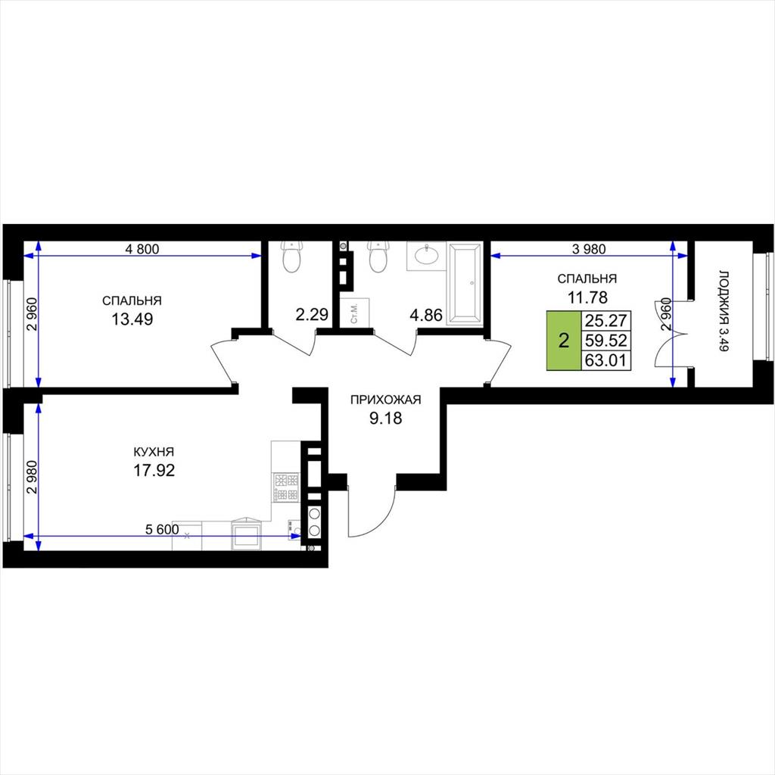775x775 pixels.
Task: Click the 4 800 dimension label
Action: tap(142, 249)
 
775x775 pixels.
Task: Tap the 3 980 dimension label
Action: tap(589, 249)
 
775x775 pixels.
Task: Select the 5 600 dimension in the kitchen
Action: tap(162, 529)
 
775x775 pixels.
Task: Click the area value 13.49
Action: tap(132, 319)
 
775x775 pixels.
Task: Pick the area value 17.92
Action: tap(154, 470)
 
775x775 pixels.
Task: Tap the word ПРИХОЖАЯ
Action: tap(385, 400)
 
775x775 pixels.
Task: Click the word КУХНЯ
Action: tap(154, 451)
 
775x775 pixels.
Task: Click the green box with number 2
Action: tap(563, 341)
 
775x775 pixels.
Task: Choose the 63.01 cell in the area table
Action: tap(606, 360)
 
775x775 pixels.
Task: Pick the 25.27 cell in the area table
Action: tap(606, 321)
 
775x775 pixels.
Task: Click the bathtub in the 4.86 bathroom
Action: tap(464, 283)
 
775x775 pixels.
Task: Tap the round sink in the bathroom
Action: tap(426, 255)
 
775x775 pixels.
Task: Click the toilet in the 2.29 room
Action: tap(292, 257)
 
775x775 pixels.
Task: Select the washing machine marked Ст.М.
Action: tap(356, 313)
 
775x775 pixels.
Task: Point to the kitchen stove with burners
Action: tap(286, 487)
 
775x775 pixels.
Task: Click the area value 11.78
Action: tap(587, 297)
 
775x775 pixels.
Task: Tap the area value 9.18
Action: tap(386, 418)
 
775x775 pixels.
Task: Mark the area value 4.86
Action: tap(426, 314)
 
